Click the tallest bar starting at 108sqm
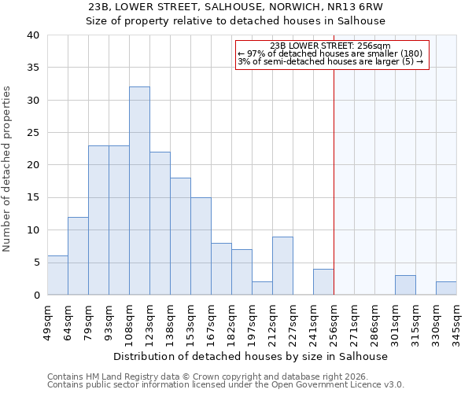(x=139, y=191)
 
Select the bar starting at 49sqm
(x=57, y=275)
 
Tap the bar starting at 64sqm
(x=78, y=255)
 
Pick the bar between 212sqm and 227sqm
(x=282, y=266)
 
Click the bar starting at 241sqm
(x=323, y=282)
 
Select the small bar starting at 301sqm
(x=405, y=285)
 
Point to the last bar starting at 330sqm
(x=446, y=288)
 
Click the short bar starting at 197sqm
(x=262, y=288)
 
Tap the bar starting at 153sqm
(x=201, y=246)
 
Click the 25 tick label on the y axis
(x=33, y=133)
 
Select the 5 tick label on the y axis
(x=36, y=263)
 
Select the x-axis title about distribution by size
(x=251, y=356)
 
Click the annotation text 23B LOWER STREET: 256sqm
(x=330, y=46)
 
